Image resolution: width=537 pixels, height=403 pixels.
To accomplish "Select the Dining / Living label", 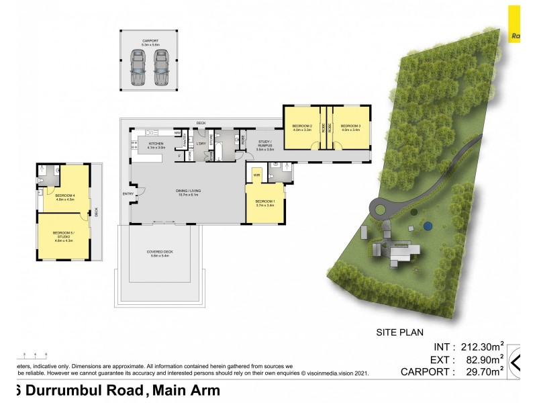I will [x=189, y=192].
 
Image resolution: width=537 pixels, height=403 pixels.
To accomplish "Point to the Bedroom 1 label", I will [x=265, y=204].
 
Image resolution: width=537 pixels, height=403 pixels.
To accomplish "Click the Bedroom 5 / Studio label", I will [x=63, y=236].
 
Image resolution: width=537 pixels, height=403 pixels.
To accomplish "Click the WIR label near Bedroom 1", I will [x=256, y=176].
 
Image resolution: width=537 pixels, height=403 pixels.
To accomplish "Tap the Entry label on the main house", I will [x=128, y=195].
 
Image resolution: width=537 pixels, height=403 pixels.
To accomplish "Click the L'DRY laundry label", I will [x=201, y=144].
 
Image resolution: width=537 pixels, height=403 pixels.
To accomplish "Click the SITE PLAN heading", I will [x=399, y=332].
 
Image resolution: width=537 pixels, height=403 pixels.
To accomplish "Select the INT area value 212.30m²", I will [x=481, y=347].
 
